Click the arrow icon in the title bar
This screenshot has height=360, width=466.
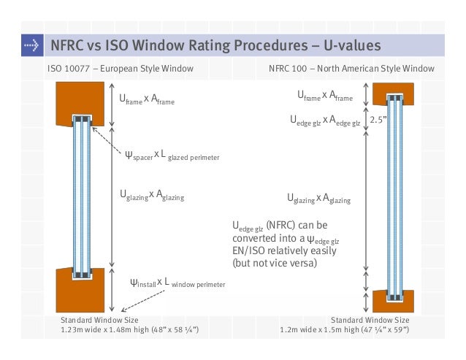[x=30, y=46]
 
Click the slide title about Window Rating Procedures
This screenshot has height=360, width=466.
[x=215, y=46]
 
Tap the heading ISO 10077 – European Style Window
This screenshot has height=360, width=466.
[x=120, y=69]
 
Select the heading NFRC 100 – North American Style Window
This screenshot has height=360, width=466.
[x=351, y=69]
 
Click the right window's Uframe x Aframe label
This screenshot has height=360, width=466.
[x=324, y=96]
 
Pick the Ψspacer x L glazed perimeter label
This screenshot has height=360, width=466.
[x=172, y=155]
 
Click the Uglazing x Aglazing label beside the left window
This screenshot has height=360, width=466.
[x=151, y=195]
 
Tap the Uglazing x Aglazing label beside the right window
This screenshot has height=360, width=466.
[x=318, y=199]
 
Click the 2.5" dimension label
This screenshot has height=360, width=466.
[x=378, y=118]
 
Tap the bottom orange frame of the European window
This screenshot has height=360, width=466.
[x=80, y=292]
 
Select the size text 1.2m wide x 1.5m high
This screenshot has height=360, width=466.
[x=344, y=330]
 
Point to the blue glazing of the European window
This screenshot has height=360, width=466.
[x=80, y=197]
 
